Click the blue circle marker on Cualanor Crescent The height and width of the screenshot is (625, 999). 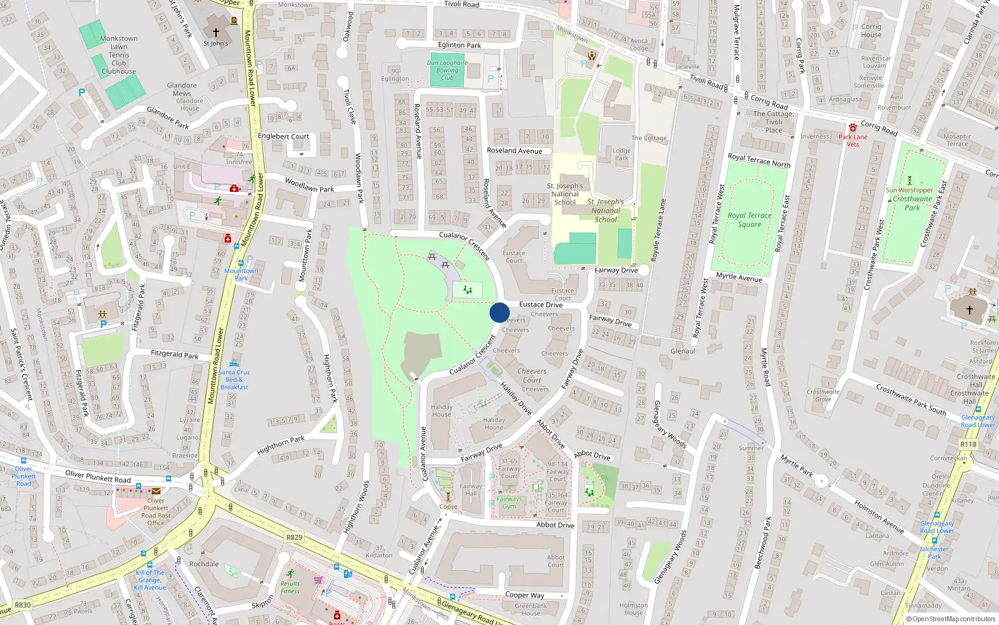(x=499, y=312)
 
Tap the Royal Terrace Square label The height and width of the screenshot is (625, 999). (x=749, y=220)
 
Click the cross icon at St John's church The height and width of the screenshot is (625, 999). (x=216, y=32)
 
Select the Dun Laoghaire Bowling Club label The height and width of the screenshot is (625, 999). (x=447, y=70)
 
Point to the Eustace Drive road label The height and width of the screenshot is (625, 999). (x=541, y=304)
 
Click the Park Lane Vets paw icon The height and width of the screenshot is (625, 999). (x=853, y=127)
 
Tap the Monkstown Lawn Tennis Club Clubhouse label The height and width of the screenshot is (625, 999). (x=119, y=55)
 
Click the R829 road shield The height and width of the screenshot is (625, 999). (x=294, y=537)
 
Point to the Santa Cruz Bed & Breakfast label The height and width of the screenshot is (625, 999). (x=234, y=379)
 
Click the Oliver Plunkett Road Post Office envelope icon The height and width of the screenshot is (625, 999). (x=155, y=491)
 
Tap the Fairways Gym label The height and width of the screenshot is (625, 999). (x=509, y=502)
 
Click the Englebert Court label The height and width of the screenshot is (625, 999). (x=283, y=136)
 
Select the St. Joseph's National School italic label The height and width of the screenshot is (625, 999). (x=606, y=211)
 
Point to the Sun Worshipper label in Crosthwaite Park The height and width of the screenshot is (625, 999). (x=909, y=190)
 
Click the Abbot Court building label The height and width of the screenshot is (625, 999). (x=556, y=561)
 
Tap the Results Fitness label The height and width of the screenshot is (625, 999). (x=290, y=587)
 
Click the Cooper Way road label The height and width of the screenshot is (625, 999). (x=524, y=595)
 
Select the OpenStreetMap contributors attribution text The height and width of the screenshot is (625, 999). (x=951, y=619)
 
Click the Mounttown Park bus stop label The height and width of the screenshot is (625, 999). (x=241, y=274)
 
